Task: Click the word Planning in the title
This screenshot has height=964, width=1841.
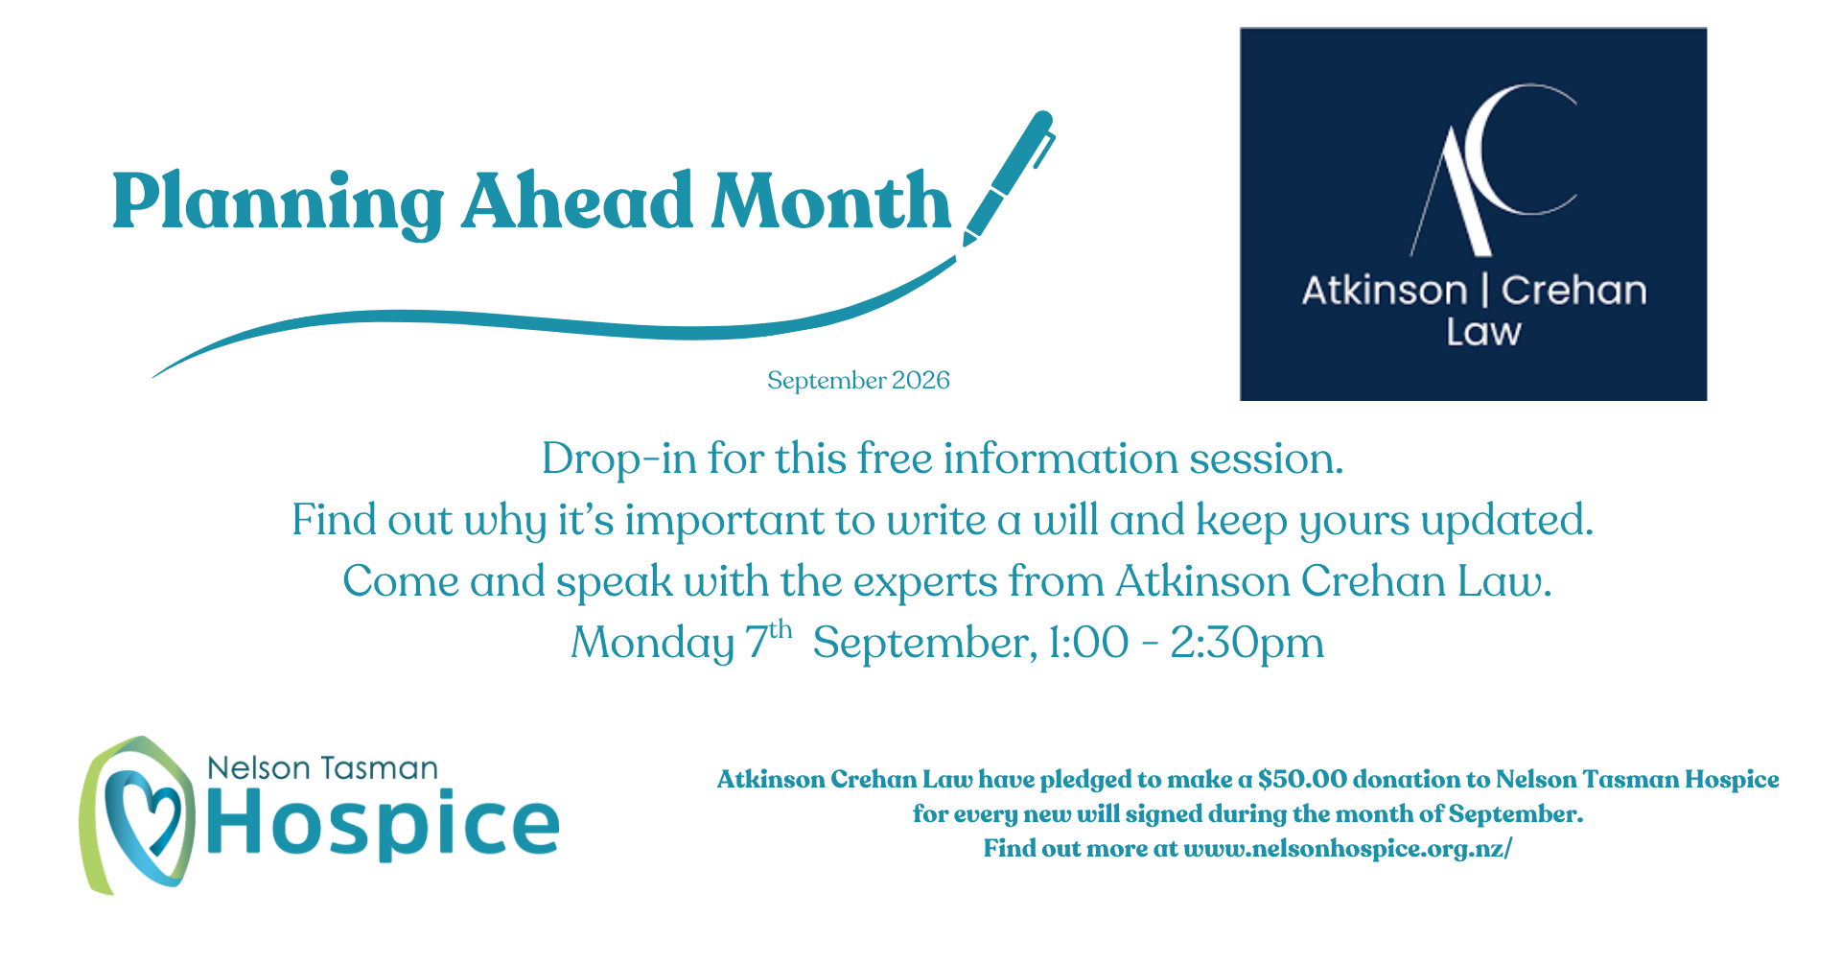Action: pyautogui.click(x=278, y=203)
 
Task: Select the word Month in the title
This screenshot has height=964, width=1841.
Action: pyautogui.click(x=830, y=200)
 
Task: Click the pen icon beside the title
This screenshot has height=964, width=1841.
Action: pyautogui.click(x=1008, y=177)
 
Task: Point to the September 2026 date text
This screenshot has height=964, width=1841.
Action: pyautogui.click(x=858, y=381)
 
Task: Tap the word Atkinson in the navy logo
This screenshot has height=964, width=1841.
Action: pyautogui.click(x=1385, y=290)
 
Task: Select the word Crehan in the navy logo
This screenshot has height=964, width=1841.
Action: pyautogui.click(x=1573, y=290)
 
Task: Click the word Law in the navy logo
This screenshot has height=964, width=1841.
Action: pyautogui.click(x=1483, y=332)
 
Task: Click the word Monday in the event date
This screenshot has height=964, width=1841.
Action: pyautogui.click(x=652, y=644)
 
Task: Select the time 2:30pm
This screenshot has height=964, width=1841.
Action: pyautogui.click(x=1247, y=644)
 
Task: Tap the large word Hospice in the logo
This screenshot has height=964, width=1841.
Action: pyautogui.click(x=382, y=823)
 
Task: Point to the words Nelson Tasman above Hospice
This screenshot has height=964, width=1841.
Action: pyautogui.click(x=322, y=768)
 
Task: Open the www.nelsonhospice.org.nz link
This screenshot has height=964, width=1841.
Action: pyautogui.click(x=1347, y=849)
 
